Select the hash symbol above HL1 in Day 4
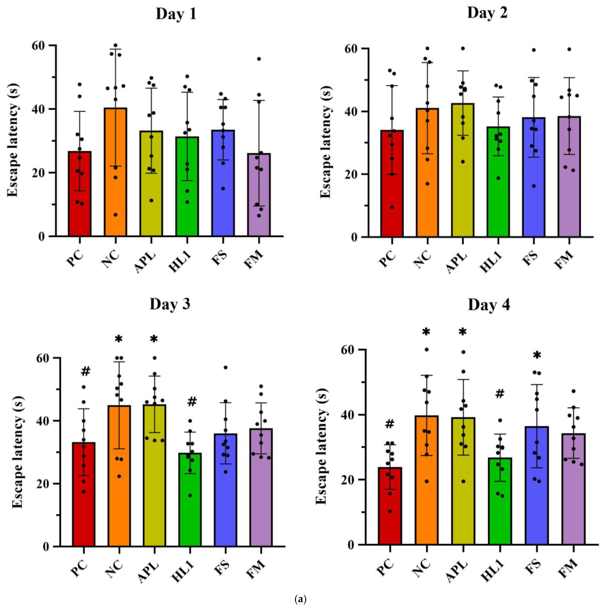500,393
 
